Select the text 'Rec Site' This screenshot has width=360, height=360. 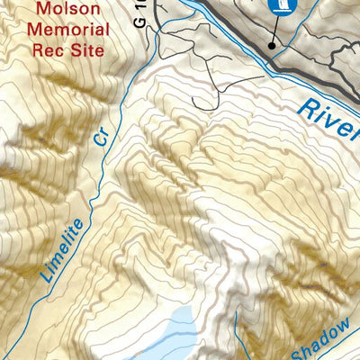tap(69, 49)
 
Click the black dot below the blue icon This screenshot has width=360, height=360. tap(272, 42)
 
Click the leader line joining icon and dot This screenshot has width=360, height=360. tap(277, 27)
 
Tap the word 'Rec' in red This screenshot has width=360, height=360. tap(50, 49)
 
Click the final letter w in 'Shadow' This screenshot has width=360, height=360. tap(353, 325)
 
